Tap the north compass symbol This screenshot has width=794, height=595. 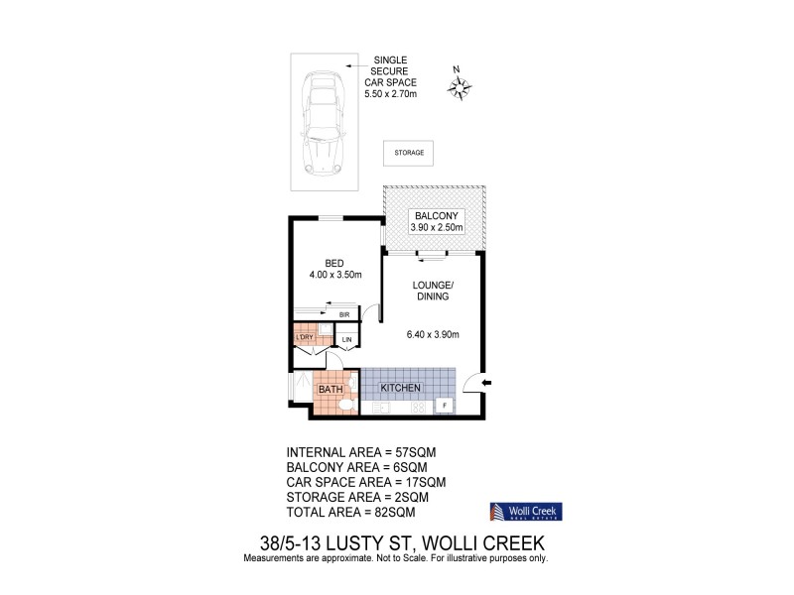click(x=459, y=88)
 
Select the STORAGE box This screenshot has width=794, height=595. click(x=408, y=153)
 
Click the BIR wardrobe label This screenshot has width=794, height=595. click(x=344, y=314)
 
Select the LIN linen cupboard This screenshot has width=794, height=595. click(x=346, y=341)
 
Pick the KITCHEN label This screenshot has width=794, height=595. click(x=401, y=387)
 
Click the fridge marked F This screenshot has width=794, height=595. click(x=444, y=406)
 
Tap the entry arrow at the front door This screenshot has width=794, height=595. click(x=484, y=382)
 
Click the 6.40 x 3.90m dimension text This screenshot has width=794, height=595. click(x=432, y=334)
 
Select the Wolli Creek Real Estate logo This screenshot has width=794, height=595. click(x=527, y=512)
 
